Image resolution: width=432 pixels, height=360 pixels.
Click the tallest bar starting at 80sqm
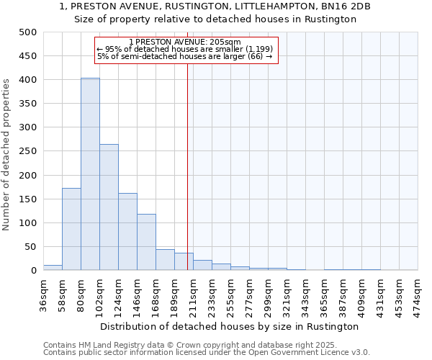coord(90,174)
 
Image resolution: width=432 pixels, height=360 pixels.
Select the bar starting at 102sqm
coord(109,207)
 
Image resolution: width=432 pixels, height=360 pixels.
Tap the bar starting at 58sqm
coord(71,229)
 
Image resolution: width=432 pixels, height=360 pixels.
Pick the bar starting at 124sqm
coord(127,232)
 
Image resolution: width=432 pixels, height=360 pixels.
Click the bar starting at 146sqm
coord(146,242)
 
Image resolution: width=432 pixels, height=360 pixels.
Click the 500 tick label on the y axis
coord(27,32)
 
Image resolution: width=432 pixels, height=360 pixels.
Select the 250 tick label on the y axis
coord(27,151)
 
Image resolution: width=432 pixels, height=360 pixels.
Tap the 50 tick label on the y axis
coord(30,247)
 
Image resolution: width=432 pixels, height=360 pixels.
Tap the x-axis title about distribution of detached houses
coord(230,326)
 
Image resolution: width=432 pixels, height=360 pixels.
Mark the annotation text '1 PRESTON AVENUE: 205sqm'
coord(185,42)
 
